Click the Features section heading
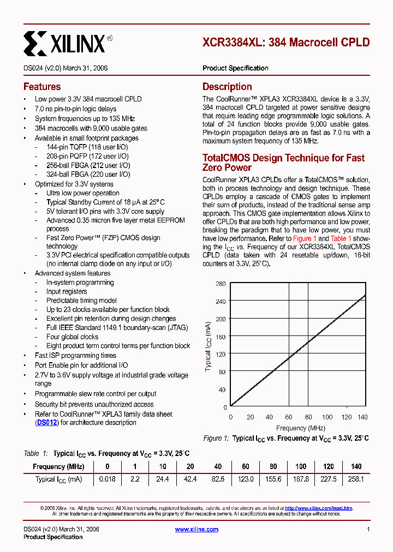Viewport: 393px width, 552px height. (x=42, y=87)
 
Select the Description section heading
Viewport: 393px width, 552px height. (x=227, y=87)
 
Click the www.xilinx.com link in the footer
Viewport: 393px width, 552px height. (x=196, y=529)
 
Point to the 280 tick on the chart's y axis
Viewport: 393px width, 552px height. (x=221, y=284)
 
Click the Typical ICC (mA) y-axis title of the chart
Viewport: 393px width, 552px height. (x=209, y=345)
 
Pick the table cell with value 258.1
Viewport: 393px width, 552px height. (x=355, y=479)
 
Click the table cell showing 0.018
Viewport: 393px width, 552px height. (x=107, y=479)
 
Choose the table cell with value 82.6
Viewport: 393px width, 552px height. (x=218, y=479)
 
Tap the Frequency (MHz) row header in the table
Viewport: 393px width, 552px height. (x=58, y=467)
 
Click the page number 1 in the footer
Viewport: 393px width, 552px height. (x=368, y=529)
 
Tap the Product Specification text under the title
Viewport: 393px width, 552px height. (x=235, y=68)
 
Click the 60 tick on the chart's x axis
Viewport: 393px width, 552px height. (x=289, y=417)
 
